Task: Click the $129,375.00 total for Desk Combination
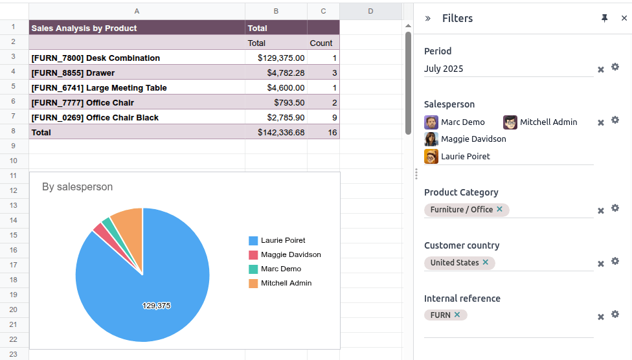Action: [280, 58]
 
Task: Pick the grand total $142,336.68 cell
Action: [280, 133]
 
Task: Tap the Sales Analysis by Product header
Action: [84, 28]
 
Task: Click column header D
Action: [370, 11]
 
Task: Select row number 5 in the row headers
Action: [14, 87]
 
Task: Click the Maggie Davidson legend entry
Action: [290, 254]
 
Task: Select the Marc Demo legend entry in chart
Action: [280, 269]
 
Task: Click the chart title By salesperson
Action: [77, 187]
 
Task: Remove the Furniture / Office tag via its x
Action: [499, 209]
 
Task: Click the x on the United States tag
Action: [486, 262]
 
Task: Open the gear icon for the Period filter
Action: [615, 67]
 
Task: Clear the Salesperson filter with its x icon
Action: [601, 122]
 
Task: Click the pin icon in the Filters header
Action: [605, 18]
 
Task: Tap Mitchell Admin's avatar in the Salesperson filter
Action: [510, 122]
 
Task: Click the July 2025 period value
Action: [444, 69]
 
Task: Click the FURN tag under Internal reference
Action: [440, 315]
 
